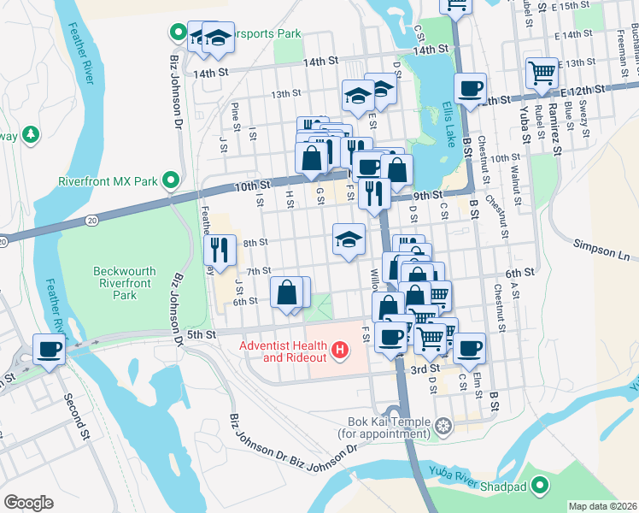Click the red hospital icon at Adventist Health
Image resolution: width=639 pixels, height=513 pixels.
point(341,351)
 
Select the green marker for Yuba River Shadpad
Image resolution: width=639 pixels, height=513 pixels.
point(540,487)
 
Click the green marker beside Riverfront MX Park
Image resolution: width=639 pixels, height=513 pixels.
point(171,180)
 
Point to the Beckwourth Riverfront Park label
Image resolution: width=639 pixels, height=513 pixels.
point(125,283)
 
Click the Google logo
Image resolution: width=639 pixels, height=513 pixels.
point(28,502)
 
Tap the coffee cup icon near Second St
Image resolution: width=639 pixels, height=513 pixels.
point(48,349)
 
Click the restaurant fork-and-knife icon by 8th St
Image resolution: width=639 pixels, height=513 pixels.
point(219,250)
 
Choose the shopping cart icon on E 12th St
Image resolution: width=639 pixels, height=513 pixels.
point(542,73)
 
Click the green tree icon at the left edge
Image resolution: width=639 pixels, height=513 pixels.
point(31,134)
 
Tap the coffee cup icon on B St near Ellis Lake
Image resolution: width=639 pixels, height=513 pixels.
point(470,88)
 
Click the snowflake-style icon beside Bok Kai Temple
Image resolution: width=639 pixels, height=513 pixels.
point(443,425)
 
